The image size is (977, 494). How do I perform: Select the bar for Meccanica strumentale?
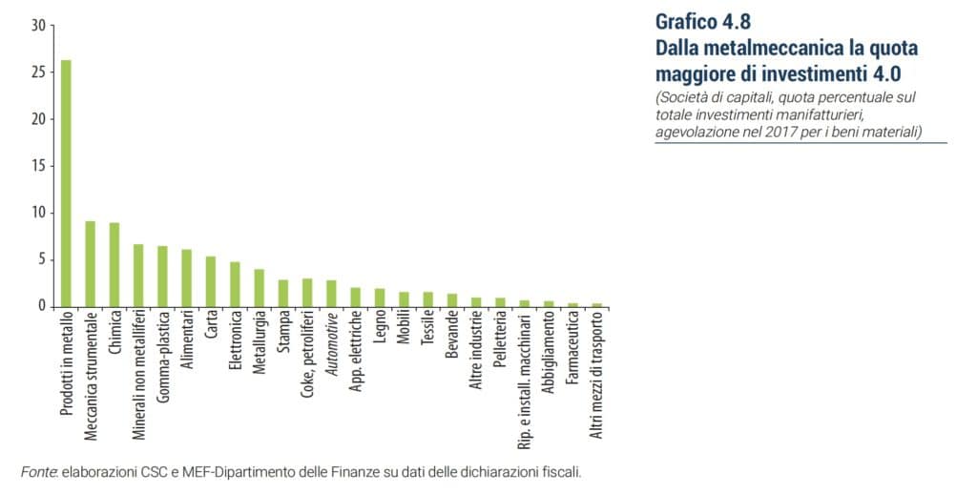click(x=90, y=264)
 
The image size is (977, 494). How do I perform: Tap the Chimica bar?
click(x=114, y=264)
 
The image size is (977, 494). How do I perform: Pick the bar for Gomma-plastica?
click(x=162, y=277)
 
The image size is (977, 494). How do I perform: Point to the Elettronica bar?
click(x=235, y=284)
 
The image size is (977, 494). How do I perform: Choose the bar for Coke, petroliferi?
click(x=307, y=293)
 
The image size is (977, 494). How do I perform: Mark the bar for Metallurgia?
click(x=259, y=288)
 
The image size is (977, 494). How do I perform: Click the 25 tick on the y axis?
click(x=37, y=72)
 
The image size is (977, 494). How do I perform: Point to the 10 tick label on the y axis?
click(x=37, y=213)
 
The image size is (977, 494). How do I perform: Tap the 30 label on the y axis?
click(x=37, y=26)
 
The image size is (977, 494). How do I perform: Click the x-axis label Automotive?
click(x=331, y=347)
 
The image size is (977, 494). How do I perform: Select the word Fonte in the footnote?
click(x=39, y=472)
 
